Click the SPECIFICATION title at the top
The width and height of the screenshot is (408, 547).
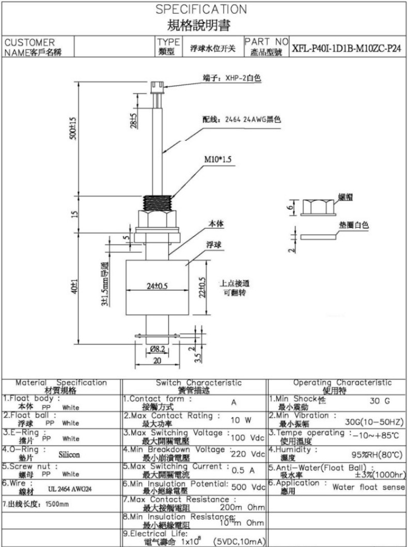201,9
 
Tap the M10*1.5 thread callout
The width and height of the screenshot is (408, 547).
216,159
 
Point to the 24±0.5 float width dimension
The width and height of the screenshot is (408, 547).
158,286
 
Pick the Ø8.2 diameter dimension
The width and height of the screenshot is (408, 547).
157,349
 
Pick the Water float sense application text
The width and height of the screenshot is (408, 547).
368,487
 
